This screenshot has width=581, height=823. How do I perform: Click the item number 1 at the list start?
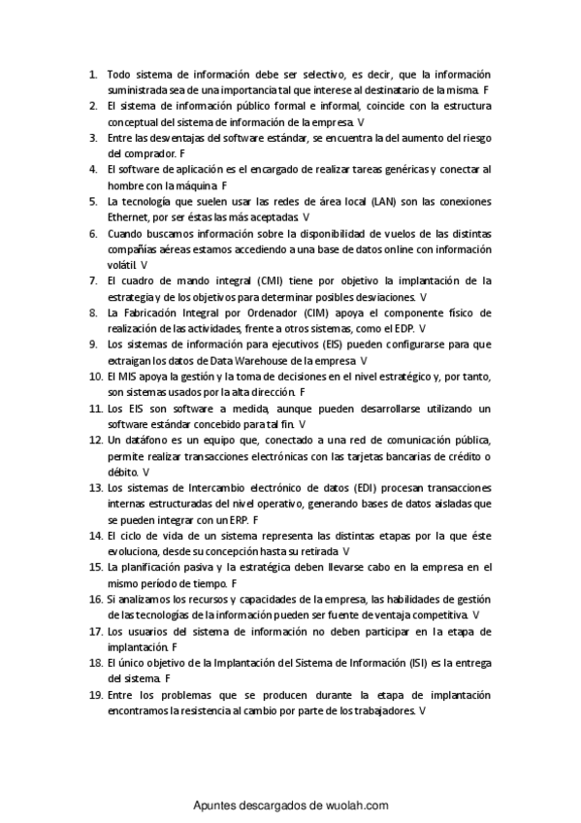click(x=92, y=74)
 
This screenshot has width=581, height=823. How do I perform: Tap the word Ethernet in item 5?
click(x=129, y=216)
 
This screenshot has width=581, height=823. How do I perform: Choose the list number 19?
click(x=95, y=694)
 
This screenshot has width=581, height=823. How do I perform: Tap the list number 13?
click(x=95, y=486)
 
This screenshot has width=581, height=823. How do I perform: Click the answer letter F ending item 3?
click(x=182, y=153)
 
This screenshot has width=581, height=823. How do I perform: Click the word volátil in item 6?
click(x=122, y=264)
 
